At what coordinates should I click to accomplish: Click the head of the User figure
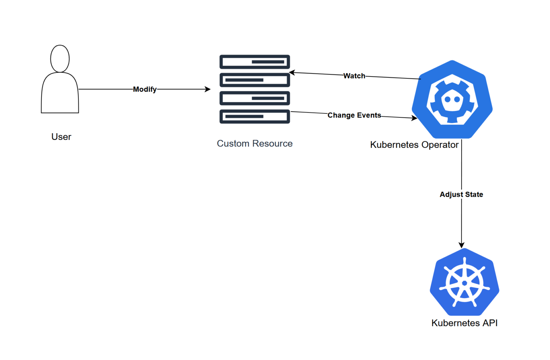pyautogui.click(x=60, y=58)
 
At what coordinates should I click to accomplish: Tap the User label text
pyautogui.click(x=61, y=137)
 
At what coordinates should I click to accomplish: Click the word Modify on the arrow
pyautogui.click(x=145, y=89)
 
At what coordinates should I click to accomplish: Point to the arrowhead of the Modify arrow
pyautogui.click(x=208, y=89)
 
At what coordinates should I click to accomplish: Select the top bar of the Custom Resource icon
pyautogui.click(x=255, y=62)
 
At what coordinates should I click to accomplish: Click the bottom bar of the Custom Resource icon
pyautogui.click(x=255, y=116)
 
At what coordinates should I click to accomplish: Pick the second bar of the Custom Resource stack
pyautogui.click(x=255, y=80)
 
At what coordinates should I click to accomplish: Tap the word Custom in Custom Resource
pyautogui.click(x=233, y=143)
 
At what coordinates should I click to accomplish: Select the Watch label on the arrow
pyautogui.click(x=354, y=76)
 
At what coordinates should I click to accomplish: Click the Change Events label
pyautogui.click(x=354, y=115)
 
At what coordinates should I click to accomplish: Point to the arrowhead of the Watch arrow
pyautogui.click(x=292, y=73)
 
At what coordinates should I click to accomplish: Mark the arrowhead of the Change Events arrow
pyautogui.click(x=415, y=118)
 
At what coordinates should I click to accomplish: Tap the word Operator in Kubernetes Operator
pyautogui.click(x=440, y=145)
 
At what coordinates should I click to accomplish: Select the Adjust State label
pyautogui.click(x=461, y=194)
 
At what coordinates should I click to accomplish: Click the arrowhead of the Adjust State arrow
pyautogui.click(x=462, y=245)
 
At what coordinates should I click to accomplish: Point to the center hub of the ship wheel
pyautogui.click(x=464, y=283)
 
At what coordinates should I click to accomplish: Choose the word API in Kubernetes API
pyautogui.click(x=490, y=323)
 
